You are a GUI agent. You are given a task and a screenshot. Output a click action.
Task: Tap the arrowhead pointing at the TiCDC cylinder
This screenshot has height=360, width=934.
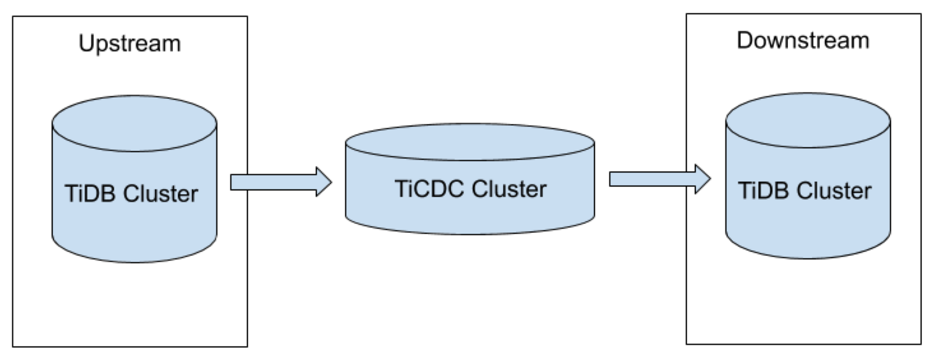click(x=323, y=183)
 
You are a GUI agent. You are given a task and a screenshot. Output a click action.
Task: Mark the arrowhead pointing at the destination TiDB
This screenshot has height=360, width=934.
click(x=702, y=179)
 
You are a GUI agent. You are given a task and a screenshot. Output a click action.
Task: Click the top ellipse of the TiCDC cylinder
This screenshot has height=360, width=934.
click(x=470, y=142)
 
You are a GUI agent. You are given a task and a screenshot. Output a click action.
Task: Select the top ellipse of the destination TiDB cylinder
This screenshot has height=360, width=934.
click(x=808, y=121)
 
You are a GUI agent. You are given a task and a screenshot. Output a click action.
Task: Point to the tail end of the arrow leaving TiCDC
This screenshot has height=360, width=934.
click(x=614, y=179)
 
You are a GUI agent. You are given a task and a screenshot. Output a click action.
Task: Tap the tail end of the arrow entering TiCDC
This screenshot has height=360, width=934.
click(x=235, y=183)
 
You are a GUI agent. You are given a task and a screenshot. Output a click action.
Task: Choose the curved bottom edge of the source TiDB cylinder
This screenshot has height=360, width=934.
click(x=134, y=260)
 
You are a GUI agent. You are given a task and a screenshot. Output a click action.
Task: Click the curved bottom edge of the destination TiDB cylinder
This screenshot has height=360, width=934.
click(x=808, y=257)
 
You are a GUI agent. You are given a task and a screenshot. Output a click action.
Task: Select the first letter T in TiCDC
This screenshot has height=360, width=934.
click(x=401, y=190)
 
